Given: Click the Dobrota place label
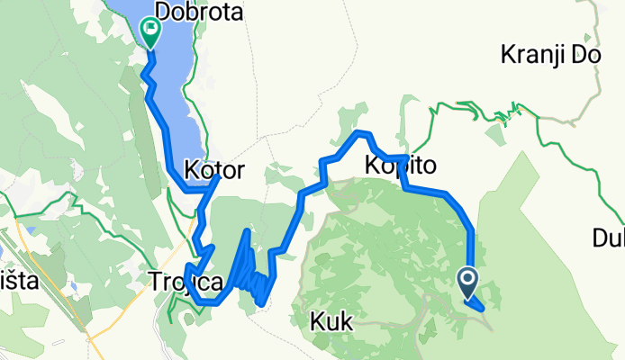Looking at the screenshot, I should [194, 11].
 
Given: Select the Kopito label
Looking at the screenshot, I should [402, 166].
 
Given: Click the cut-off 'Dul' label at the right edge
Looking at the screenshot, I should [609, 238].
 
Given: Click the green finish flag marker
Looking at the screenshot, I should [149, 34].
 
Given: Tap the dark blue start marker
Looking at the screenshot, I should [469, 283].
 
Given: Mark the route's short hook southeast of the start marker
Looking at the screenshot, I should [479, 307].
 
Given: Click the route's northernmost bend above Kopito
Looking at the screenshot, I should [362, 134].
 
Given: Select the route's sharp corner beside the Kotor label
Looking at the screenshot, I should [216, 180].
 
